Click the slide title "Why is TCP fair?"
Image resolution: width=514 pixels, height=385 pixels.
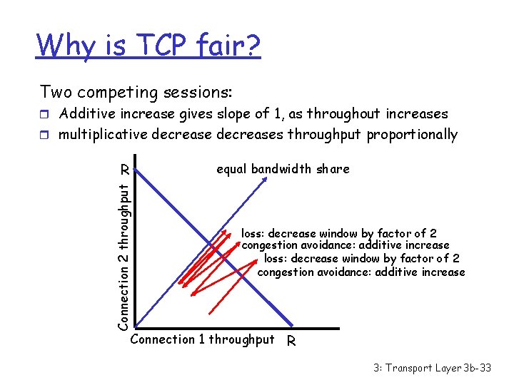point(148,46)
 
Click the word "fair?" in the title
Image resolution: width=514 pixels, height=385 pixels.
point(230,46)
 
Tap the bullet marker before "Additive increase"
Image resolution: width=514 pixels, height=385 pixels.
point(46,114)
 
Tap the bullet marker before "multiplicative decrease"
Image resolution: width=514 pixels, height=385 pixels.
point(46,135)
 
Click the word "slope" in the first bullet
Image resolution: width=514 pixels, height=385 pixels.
point(241,114)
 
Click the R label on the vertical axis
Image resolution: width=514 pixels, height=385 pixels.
point(124,170)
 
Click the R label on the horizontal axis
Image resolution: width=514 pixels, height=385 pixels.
point(291,342)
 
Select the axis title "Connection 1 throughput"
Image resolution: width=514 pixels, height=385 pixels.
point(203,339)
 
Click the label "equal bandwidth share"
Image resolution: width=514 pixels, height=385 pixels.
point(283,169)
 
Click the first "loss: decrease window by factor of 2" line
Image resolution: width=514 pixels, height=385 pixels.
point(338,233)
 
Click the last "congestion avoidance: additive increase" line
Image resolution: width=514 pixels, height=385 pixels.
point(361,272)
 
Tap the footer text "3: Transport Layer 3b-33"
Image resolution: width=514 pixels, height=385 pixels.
point(432,368)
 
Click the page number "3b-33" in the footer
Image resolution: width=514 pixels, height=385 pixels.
point(475,368)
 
